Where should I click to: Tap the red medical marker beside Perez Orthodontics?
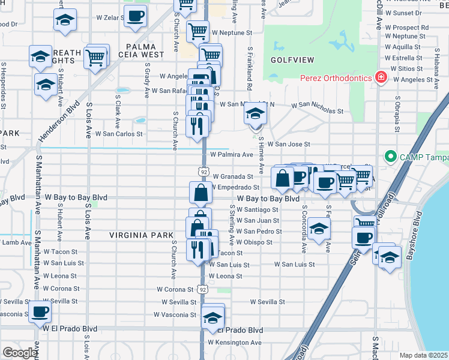(x=379, y=77)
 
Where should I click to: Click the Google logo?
(x=19, y=353)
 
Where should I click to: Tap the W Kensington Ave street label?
(x=235, y=343)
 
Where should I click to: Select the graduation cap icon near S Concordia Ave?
(x=319, y=229)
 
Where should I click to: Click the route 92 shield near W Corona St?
(x=203, y=289)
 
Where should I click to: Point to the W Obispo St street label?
(x=254, y=242)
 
